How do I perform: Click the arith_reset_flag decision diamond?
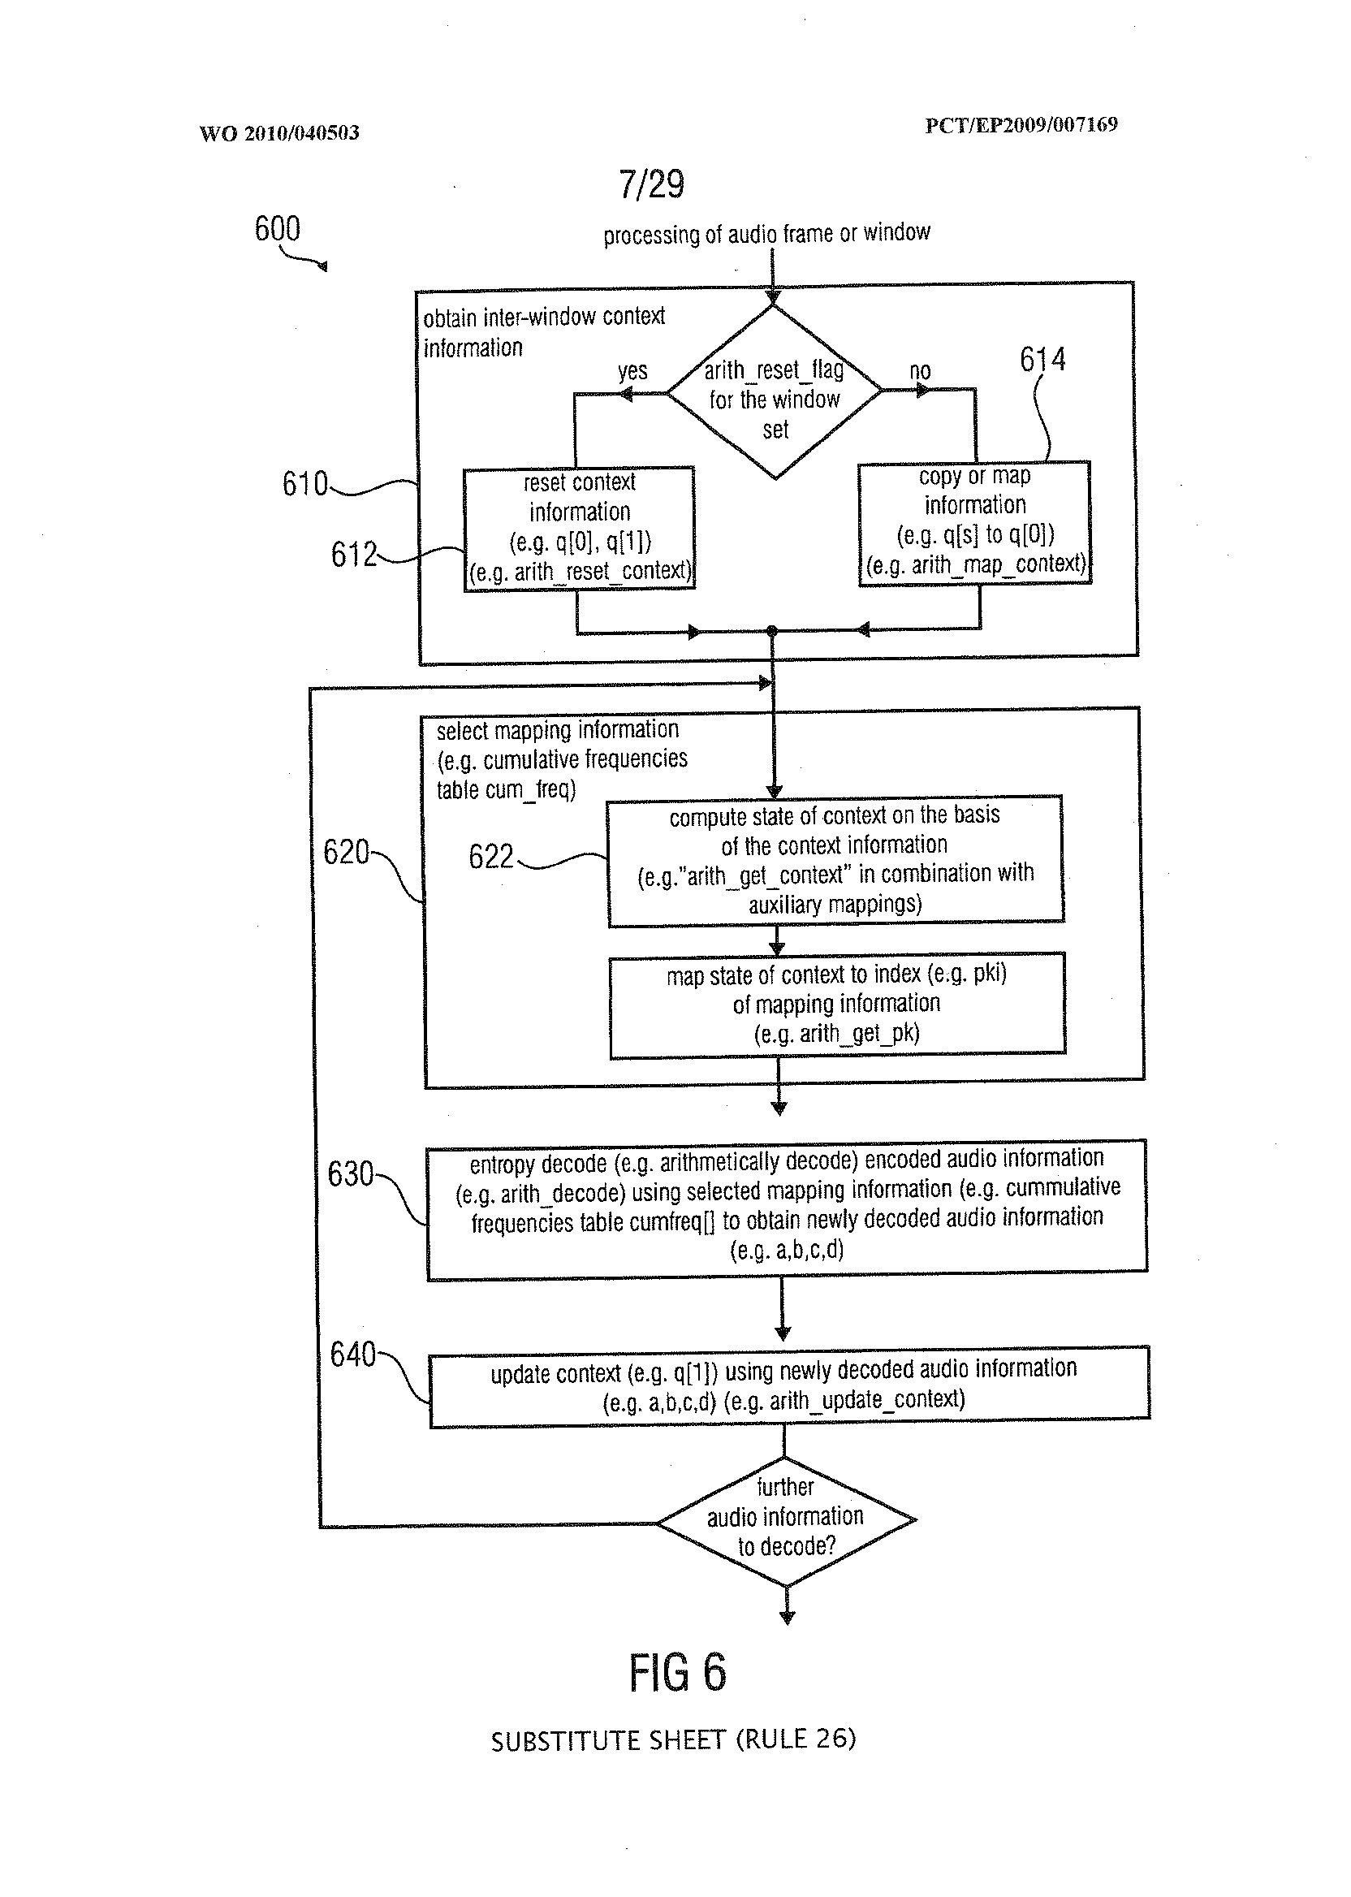coord(775,393)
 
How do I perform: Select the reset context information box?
coord(579,529)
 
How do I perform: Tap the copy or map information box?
coord(975,522)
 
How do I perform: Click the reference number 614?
coord(1042,360)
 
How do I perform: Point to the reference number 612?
coord(353,554)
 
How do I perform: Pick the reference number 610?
coord(304,483)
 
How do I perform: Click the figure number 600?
coord(277,228)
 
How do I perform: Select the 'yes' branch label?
coord(632,371)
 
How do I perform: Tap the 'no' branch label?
coord(919,371)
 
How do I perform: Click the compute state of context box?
coord(835,860)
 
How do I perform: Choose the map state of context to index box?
coord(837,1005)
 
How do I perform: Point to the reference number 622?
coord(491,856)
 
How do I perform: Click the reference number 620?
coord(345,852)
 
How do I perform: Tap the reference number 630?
coord(350,1174)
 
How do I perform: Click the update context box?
coord(788,1386)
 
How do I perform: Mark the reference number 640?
coord(352,1355)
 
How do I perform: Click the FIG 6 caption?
coord(677,1672)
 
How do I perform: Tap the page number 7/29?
coord(651,184)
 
